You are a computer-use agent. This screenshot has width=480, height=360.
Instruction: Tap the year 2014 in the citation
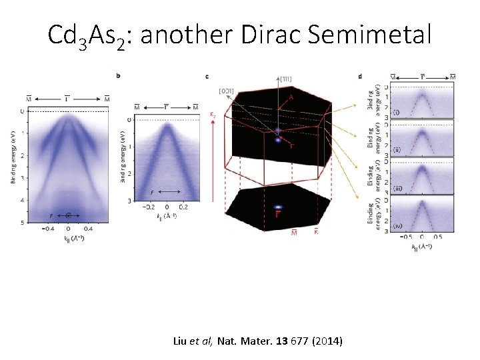326,341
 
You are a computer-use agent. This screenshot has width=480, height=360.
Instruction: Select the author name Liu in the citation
181,341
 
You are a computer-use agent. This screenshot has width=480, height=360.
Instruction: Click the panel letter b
118,75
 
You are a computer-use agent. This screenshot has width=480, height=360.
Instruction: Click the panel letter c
208,75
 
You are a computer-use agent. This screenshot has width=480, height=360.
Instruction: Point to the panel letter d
361,75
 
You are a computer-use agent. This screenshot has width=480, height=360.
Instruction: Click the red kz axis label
213,114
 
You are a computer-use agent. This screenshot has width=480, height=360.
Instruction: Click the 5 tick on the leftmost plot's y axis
22,222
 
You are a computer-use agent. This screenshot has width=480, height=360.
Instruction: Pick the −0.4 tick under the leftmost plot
47,229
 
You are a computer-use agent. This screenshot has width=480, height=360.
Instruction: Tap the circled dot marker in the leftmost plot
69,215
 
